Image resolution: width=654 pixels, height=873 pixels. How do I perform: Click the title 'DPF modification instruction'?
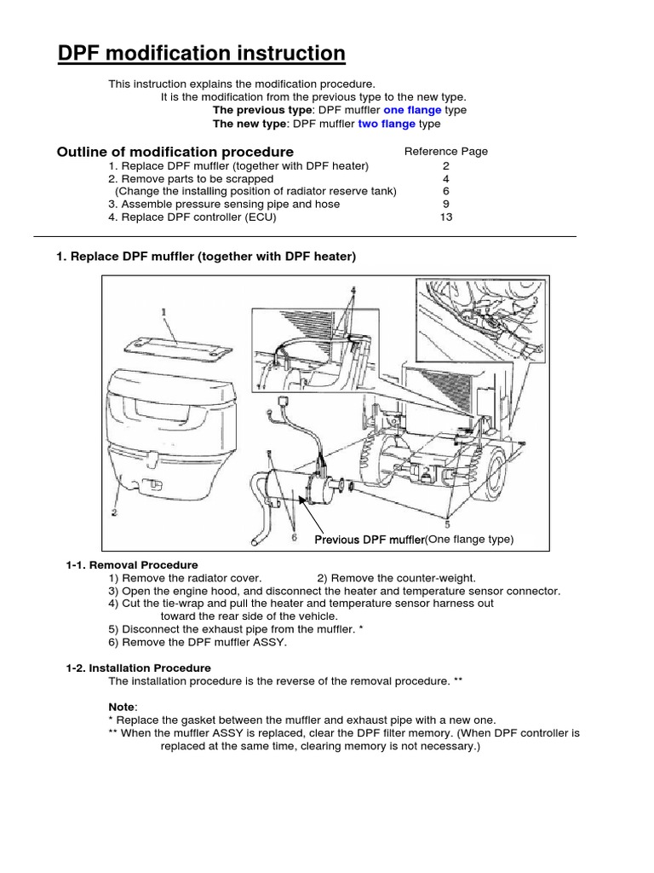(201, 55)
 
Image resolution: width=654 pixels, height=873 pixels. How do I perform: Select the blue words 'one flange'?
(412, 110)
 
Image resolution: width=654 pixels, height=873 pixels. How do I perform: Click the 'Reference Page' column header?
(446, 152)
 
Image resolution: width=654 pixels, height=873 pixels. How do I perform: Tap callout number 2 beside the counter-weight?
(113, 512)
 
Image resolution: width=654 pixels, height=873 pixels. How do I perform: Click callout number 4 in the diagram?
(352, 291)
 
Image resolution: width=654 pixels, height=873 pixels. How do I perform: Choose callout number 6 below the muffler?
(294, 537)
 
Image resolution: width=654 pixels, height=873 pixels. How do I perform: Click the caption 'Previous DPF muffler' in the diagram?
(370, 540)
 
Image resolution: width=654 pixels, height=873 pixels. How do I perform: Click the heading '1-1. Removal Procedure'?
(132, 565)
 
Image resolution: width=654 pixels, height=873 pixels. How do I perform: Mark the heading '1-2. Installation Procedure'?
(138, 668)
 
